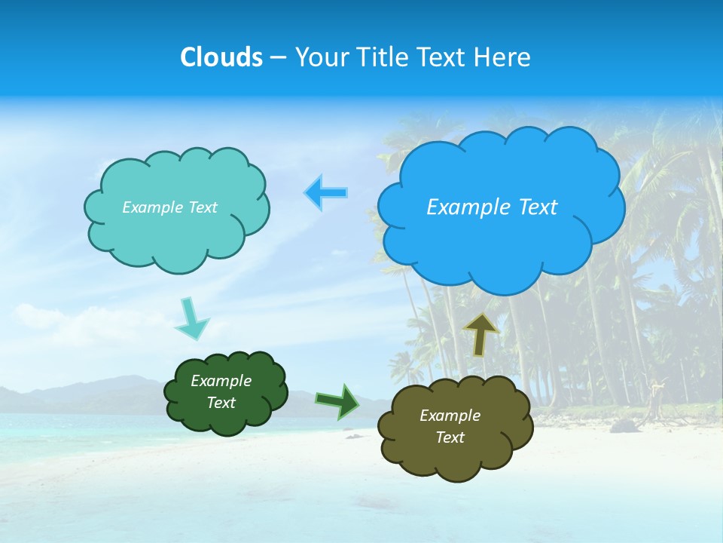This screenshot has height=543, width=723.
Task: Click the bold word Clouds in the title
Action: (221, 57)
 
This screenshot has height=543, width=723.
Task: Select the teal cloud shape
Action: (177, 234)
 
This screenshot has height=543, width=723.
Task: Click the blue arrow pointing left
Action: (326, 193)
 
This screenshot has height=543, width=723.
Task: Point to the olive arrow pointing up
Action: (480, 334)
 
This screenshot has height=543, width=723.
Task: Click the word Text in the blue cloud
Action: (538, 207)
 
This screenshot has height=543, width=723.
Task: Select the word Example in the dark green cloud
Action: (221, 381)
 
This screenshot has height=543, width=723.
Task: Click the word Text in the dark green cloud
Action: (221, 403)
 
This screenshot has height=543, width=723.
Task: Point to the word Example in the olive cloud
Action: (450, 416)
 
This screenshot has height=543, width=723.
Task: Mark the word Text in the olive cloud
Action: (450, 437)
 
